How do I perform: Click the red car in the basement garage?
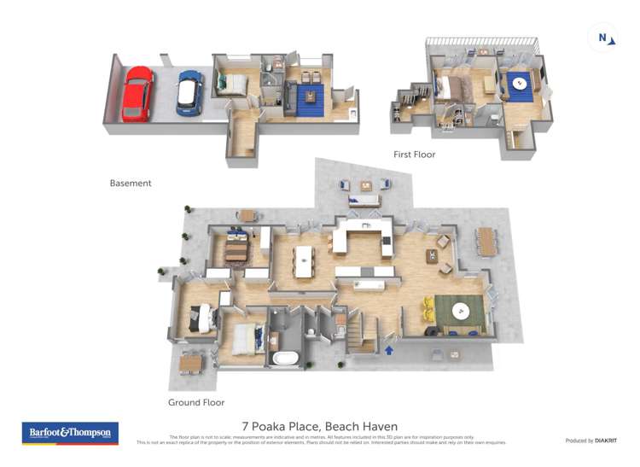pos(137,93)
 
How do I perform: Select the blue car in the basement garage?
pos(189,91)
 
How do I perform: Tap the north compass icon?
pos(602,38)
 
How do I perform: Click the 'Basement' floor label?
pos(131,183)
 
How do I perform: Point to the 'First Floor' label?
pos(414,155)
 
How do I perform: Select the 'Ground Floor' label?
pos(196,402)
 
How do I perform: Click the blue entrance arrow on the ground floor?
pos(389,348)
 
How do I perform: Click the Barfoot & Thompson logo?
pos(70,433)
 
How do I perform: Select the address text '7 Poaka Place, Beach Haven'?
pos(320,426)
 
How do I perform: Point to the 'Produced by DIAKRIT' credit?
pos(591,441)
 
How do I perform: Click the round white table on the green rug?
pos(460,311)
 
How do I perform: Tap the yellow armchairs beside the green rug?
pos(428,310)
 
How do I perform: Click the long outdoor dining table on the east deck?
pos(487,241)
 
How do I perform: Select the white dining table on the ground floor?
pos(304,261)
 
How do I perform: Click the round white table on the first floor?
pos(519,84)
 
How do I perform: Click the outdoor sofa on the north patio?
pos(364,200)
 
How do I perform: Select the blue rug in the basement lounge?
pos(309,99)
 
